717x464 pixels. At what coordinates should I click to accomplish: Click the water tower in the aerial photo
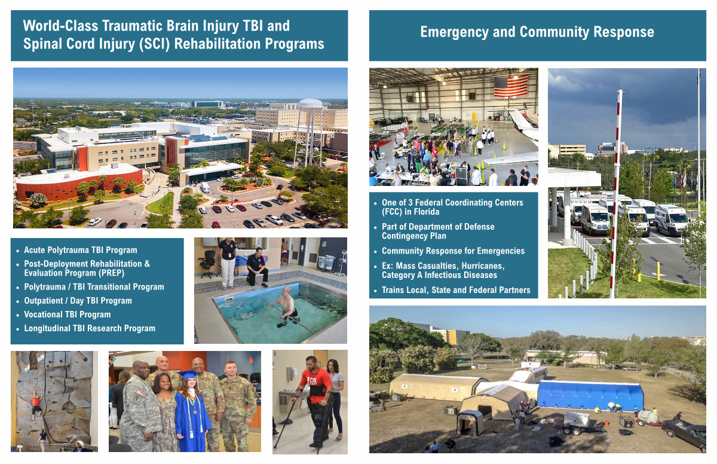click(310, 132)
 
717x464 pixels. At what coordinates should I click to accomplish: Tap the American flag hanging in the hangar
click(511, 86)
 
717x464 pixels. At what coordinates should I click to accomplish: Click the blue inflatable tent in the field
click(590, 395)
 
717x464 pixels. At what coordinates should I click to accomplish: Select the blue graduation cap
click(188, 375)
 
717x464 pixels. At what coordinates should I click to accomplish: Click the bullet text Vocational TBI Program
click(68, 315)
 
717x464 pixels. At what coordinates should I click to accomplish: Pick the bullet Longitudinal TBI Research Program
click(90, 328)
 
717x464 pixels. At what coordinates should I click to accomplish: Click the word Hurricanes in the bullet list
click(483, 266)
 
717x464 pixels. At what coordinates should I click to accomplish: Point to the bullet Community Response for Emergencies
click(454, 251)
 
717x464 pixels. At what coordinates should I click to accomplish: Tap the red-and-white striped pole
click(616, 194)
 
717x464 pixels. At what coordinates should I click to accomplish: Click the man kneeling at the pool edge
click(257, 267)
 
